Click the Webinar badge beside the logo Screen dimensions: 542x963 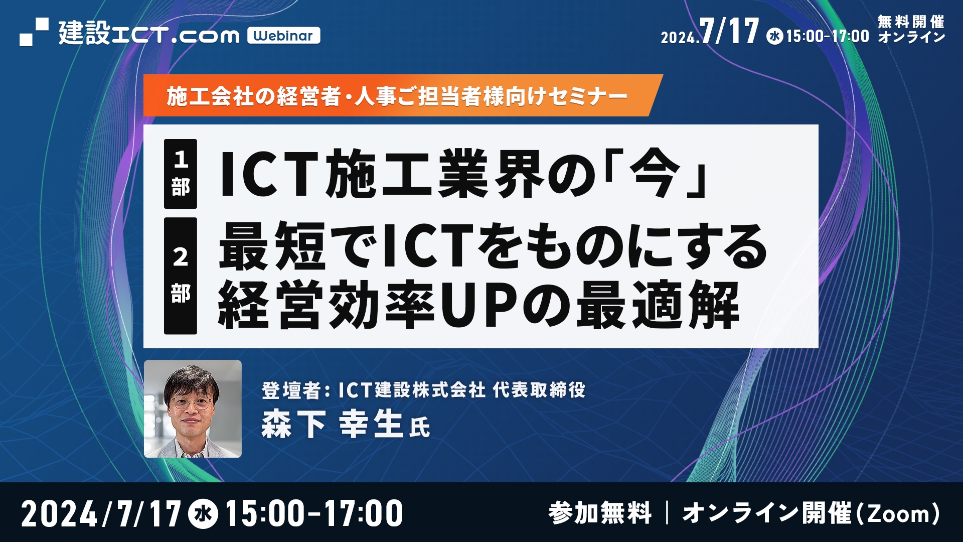(283, 36)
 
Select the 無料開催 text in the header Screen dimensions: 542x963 (911, 22)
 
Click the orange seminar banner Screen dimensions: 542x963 (401, 96)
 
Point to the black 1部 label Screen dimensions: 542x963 (181, 174)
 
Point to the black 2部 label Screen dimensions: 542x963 (181, 276)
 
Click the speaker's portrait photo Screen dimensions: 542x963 (193, 409)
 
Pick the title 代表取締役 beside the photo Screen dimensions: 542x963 (539, 390)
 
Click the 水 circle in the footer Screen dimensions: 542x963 (203, 514)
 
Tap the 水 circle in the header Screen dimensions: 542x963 (775, 36)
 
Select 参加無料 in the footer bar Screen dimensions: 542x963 (600, 513)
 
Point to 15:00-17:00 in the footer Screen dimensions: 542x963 (314, 514)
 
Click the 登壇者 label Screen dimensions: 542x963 (291, 390)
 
